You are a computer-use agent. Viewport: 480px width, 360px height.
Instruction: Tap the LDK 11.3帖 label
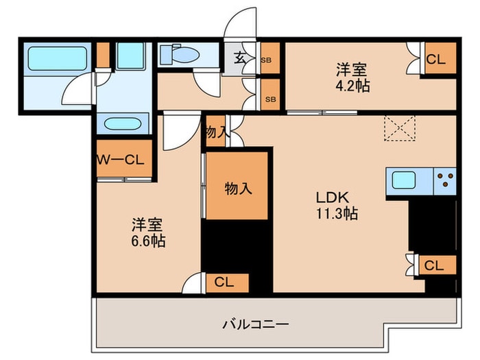[x=336, y=204]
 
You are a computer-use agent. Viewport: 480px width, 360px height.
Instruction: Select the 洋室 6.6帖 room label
[x=149, y=233]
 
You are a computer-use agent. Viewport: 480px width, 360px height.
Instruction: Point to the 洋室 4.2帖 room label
[x=350, y=77]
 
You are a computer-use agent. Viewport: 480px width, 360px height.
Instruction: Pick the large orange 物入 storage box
[x=237, y=187]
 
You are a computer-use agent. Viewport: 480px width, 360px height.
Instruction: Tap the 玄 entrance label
[x=241, y=59]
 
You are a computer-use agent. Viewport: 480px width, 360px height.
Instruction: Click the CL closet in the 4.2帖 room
[x=435, y=60]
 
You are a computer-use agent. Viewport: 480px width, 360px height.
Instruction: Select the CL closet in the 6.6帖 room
[x=223, y=281]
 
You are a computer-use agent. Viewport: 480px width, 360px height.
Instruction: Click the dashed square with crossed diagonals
[x=400, y=128]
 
